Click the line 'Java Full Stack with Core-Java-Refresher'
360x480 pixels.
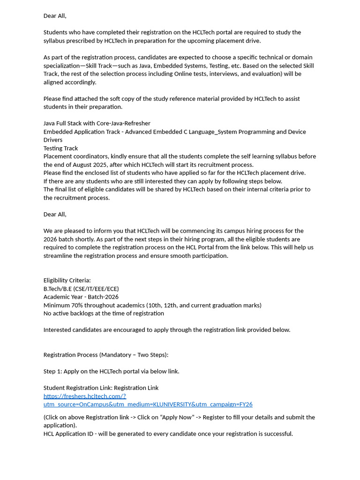97,123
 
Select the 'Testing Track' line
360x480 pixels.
60,148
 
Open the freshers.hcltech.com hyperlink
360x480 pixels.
85,396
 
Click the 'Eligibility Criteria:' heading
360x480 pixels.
67,280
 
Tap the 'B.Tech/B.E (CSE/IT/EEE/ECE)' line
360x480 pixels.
81,289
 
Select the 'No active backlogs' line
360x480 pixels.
104,313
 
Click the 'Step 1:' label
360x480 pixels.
52,371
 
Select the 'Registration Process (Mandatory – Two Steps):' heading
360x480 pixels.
106,355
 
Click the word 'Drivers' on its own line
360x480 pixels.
53,140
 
